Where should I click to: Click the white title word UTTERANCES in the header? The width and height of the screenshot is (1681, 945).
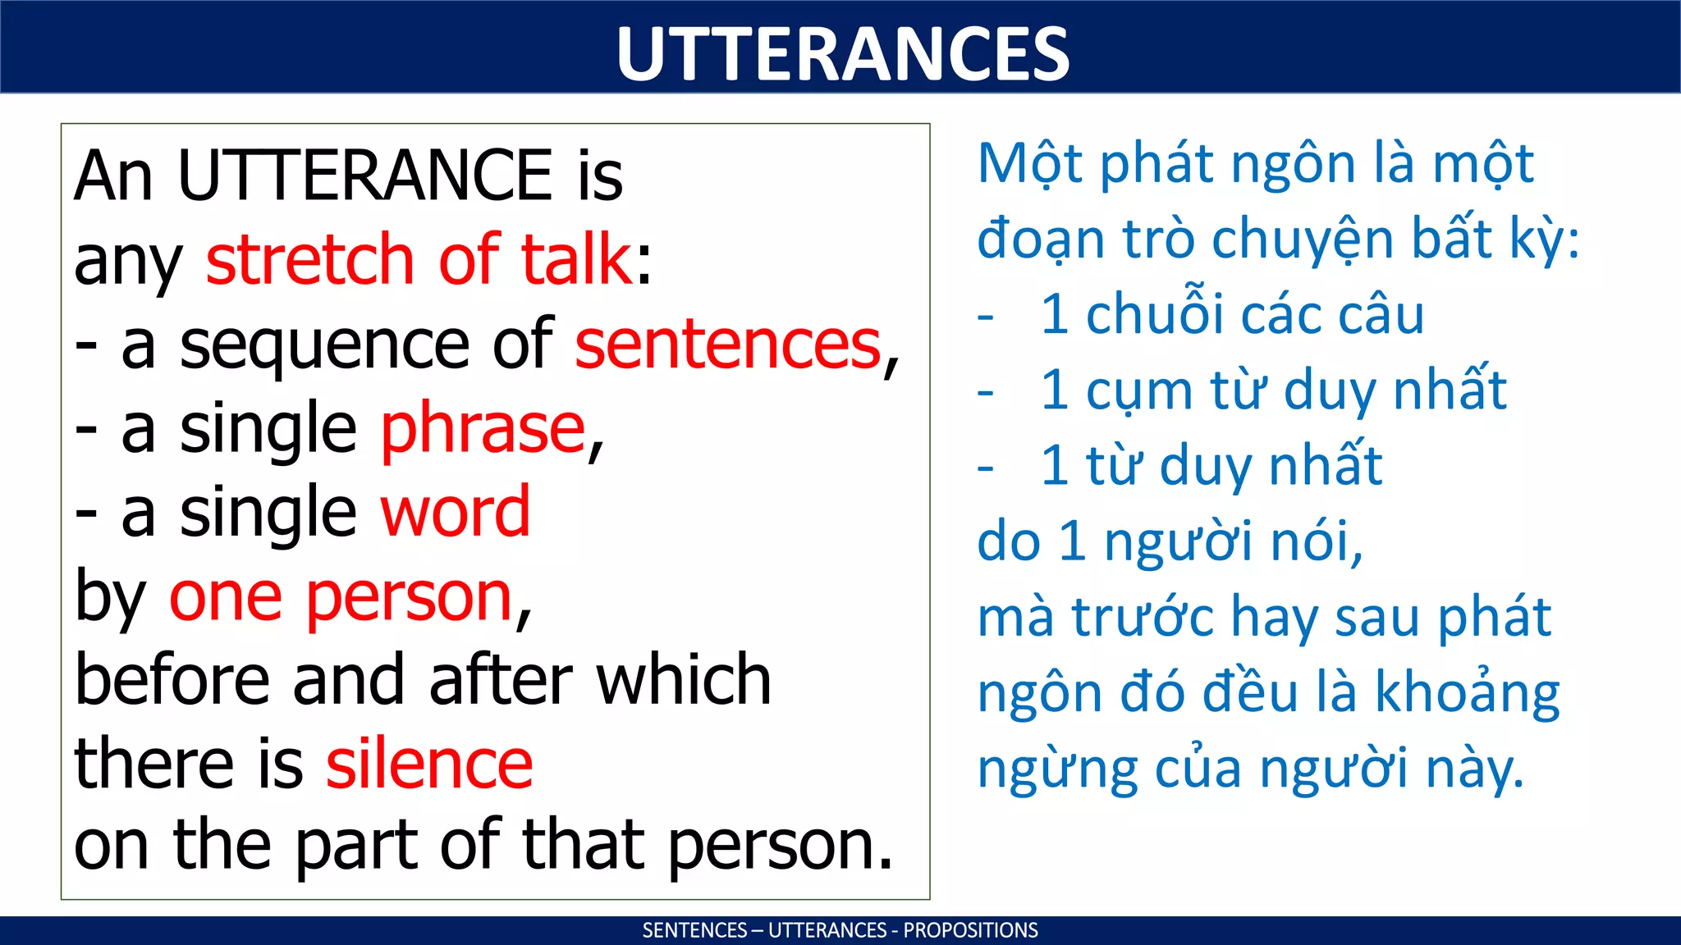842,53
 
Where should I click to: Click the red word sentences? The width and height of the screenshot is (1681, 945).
727,345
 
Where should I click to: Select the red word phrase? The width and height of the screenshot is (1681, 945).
483,429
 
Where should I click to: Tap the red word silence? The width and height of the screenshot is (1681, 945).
429,764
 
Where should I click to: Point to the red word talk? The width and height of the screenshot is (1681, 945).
576,259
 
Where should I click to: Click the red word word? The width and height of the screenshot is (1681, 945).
456,513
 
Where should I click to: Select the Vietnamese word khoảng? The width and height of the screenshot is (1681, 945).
1467,694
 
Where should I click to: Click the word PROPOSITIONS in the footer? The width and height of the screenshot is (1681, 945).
970,930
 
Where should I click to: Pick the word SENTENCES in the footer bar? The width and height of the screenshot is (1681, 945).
694,930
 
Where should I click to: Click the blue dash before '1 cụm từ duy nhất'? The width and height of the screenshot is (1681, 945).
986,393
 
